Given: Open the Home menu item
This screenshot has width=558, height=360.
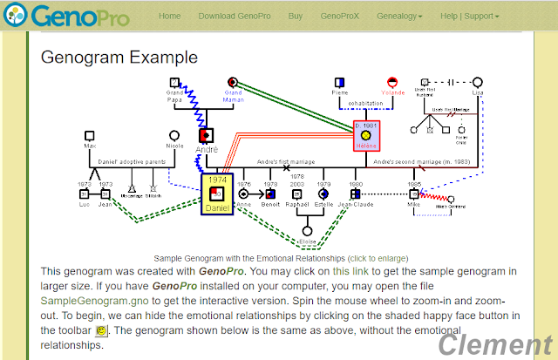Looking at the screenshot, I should point(170,16).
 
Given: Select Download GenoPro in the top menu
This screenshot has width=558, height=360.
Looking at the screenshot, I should point(234,16).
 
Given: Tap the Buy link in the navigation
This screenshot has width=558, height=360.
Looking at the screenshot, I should point(296,16).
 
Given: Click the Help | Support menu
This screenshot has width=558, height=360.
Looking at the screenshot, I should point(469,16).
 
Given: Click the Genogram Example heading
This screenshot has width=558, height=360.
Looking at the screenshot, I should point(119,58).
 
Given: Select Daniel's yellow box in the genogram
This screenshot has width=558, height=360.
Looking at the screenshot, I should point(217,194).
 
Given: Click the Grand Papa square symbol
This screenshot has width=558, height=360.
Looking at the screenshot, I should point(175,83).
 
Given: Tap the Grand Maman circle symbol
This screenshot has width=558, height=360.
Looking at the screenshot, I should point(233,83).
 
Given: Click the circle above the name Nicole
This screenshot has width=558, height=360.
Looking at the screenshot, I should point(174,135).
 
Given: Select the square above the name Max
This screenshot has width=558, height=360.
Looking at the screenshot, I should point(90,135).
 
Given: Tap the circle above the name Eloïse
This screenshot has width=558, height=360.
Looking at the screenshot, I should point(306,231).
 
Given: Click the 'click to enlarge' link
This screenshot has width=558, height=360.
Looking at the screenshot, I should point(378,259).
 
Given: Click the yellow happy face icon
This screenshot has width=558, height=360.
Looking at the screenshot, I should point(101,331).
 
